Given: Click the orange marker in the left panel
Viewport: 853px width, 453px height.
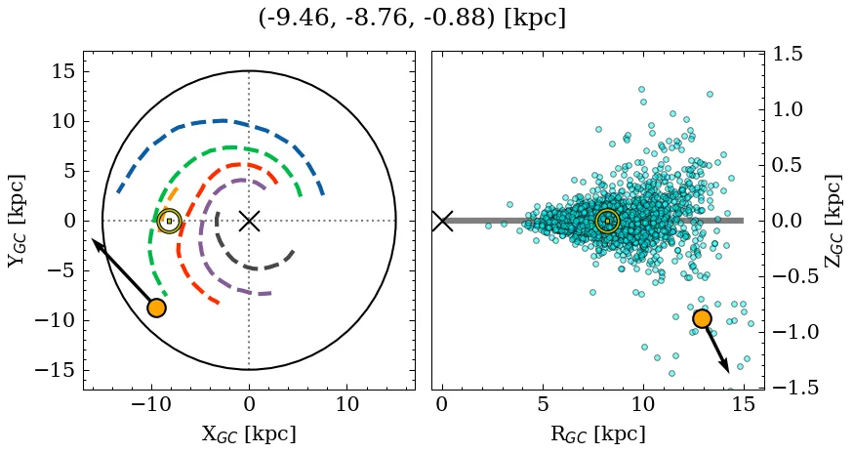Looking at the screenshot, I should (156, 308).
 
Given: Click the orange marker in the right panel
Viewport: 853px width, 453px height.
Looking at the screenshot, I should (702, 318).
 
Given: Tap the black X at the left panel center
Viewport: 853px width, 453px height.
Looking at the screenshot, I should (249, 221).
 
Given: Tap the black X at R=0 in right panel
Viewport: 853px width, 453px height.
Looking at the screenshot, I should (442, 221).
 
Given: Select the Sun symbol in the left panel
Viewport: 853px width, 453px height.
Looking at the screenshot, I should (169, 221).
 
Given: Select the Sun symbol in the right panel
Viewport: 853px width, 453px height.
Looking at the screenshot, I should (607, 222).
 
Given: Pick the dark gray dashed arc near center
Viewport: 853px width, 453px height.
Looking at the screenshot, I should (256, 268).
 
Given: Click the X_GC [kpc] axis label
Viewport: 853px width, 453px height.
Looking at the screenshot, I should (249, 433).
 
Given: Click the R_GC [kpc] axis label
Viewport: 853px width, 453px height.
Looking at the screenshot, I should (597, 433).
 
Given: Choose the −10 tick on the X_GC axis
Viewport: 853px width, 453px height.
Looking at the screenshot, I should (151, 404).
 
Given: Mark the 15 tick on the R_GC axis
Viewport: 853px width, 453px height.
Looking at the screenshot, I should (743, 404).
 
